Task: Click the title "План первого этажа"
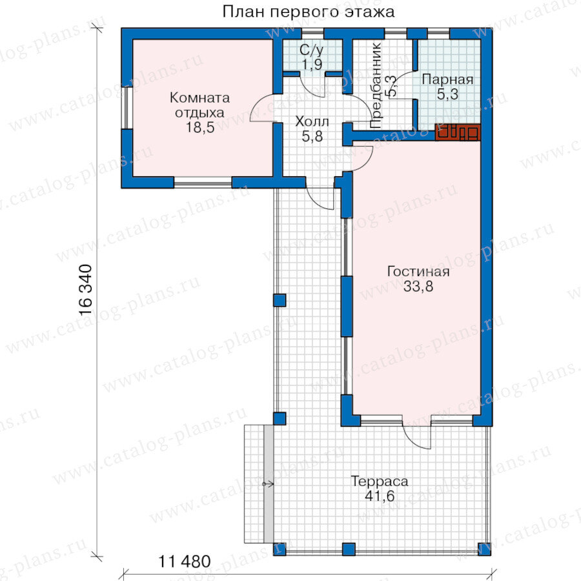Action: tap(309, 12)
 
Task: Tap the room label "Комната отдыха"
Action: tap(199, 105)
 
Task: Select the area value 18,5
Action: tap(200, 127)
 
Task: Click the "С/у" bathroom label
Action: tap(311, 49)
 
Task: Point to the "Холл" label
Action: tap(312, 121)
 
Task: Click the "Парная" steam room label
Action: tap(447, 79)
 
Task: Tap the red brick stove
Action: tap(458, 132)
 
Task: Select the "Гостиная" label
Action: tap(418, 272)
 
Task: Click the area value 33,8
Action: tap(418, 287)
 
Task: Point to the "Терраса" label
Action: tap(380, 482)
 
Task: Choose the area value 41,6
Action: tap(380, 496)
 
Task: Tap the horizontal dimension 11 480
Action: tap(185, 562)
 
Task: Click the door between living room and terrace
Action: tap(417, 434)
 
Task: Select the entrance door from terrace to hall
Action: tap(321, 198)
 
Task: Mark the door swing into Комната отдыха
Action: tap(262, 107)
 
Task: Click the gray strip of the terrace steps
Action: tap(269, 484)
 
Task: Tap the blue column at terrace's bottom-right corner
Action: tap(484, 549)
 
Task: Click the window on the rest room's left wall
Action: tap(127, 107)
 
